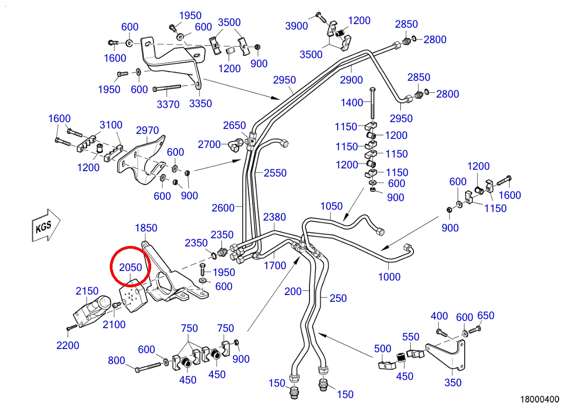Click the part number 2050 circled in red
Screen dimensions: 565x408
point(130,267)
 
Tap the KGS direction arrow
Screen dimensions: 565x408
point(46,225)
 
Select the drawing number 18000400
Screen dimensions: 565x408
point(540,399)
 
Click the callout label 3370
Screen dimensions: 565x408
point(168,104)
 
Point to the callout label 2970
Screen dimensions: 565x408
point(147,130)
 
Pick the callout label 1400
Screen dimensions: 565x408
point(352,103)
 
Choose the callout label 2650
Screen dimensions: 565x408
point(234,125)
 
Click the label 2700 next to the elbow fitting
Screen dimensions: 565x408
point(209,144)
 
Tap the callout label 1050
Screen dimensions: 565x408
point(331,206)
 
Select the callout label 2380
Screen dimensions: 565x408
point(275,217)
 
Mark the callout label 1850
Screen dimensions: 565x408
point(146,228)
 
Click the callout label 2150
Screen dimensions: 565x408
point(87,291)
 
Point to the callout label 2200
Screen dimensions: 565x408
point(68,345)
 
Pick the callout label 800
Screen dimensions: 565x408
point(116,360)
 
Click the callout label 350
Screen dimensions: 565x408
point(453,383)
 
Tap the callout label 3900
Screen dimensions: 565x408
point(296,26)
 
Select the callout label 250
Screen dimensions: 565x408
point(338,298)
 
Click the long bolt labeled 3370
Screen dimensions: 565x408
point(167,88)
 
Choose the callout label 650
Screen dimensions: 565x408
point(486,315)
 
